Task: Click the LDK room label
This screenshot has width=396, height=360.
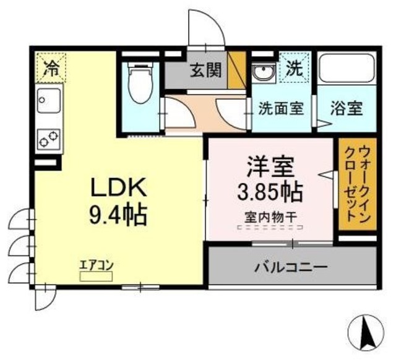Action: coord(119,187)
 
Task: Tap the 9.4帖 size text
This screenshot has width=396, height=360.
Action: coord(119,215)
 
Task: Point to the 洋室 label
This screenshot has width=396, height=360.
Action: coord(268,167)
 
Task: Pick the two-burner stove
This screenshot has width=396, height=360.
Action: coord(48,139)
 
